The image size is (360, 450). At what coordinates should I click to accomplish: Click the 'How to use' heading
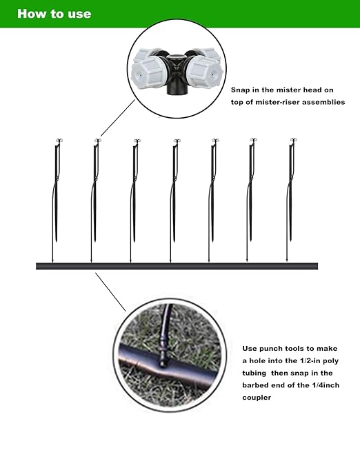(x=54, y=13)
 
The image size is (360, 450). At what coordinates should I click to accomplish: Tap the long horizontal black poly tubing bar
(x=177, y=266)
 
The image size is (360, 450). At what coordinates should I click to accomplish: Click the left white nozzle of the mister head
(x=146, y=70)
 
